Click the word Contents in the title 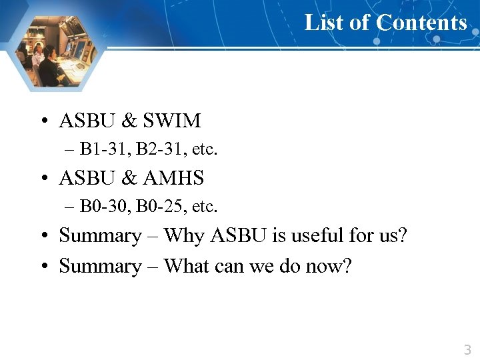coord(421,23)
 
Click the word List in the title coord(323,23)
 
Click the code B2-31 coord(155,149)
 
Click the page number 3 coord(467,349)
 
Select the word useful coord(329,235)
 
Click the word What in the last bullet coord(187,266)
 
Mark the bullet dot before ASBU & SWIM coord(43,121)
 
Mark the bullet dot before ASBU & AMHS coord(43,179)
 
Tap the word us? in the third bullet coord(393,235)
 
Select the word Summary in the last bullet coord(100,266)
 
